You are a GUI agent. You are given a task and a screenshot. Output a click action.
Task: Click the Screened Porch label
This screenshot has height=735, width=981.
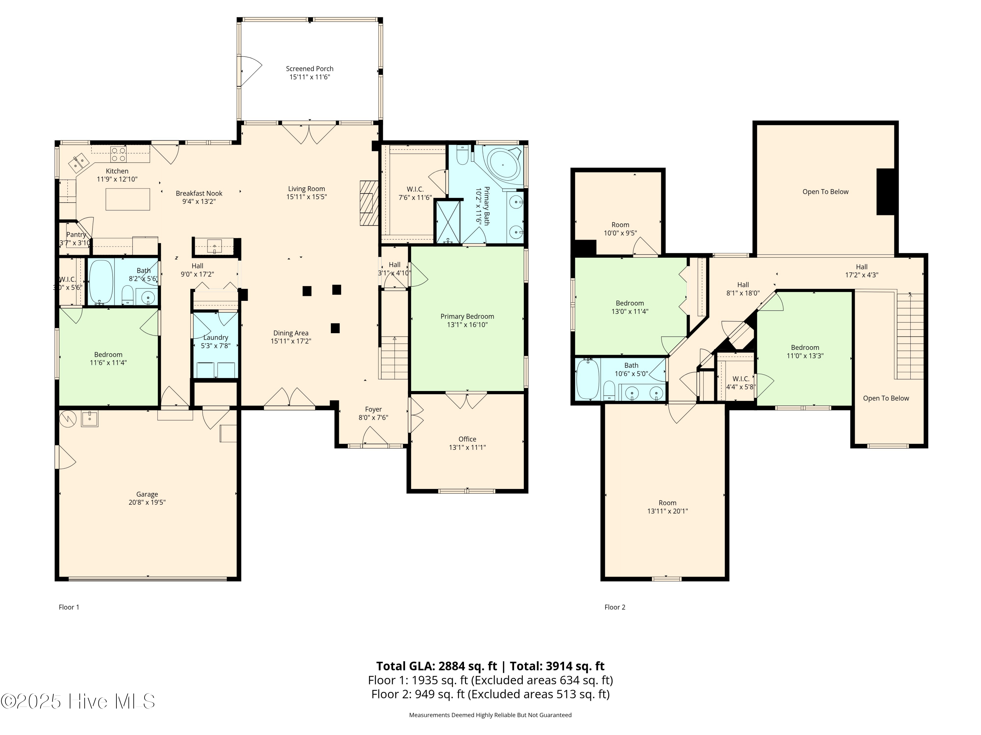(x=310, y=69)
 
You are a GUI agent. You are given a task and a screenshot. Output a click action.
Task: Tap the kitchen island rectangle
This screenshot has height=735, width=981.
(x=128, y=199)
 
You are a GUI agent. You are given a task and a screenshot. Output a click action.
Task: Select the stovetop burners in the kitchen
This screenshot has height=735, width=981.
(x=118, y=154)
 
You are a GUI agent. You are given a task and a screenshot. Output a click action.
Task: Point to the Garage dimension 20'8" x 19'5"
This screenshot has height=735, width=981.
(x=147, y=502)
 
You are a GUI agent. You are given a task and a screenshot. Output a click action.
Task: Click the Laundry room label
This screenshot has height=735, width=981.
(x=215, y=337)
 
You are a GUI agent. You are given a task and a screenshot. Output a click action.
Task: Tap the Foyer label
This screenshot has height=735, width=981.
(x=373, y=409)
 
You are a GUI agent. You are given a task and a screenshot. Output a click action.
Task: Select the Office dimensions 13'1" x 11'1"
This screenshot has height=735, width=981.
(x=467, y=448)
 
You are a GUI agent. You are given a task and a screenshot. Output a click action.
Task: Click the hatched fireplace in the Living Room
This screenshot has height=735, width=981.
(x=369, y=204)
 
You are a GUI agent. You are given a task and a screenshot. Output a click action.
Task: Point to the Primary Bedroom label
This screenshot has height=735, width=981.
(x=467, y=316)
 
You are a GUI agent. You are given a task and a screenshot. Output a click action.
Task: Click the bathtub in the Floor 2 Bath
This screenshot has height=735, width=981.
(x=588, y=379)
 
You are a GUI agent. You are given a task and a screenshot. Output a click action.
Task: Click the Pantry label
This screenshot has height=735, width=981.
(x=76, y=235)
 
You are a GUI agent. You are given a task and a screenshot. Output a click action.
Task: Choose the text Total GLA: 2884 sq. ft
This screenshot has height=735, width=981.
(x=437, y=666)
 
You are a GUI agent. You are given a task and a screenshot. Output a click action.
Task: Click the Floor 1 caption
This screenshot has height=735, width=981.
(x=69, y=607)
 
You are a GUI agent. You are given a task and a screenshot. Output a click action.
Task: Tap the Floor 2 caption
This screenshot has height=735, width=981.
(x=615, y=607)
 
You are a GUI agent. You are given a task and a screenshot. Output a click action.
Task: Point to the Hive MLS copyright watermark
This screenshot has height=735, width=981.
(x=78, y=701)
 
